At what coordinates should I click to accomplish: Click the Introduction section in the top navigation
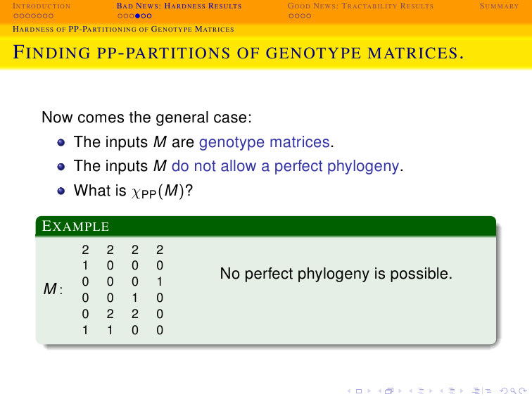tap(42, 6)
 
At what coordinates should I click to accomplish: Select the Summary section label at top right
tap(499, 6)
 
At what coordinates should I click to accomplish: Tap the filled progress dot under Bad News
tap(138, 16)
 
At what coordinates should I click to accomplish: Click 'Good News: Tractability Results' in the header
tap(360, 6)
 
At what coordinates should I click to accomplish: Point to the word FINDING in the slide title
tap(51, 53)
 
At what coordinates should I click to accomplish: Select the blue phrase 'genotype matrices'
tap(265, 142)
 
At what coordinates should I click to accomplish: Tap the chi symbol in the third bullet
tap(136, 192)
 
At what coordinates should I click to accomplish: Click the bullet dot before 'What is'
tap(61, 191)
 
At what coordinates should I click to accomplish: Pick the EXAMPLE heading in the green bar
tap(75, 226)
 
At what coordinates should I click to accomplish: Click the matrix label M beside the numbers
tap(50, 289)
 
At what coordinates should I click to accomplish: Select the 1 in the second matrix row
tap(85, 266)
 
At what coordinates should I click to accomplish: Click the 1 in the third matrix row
tap(160, 282)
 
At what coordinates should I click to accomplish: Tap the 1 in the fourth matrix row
tap(135, 298)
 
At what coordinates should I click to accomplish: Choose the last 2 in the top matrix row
tap(160, 250)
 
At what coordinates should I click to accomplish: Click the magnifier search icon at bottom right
tap(513, 391)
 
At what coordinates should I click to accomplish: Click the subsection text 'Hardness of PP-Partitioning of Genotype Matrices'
tap(124, 29)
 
